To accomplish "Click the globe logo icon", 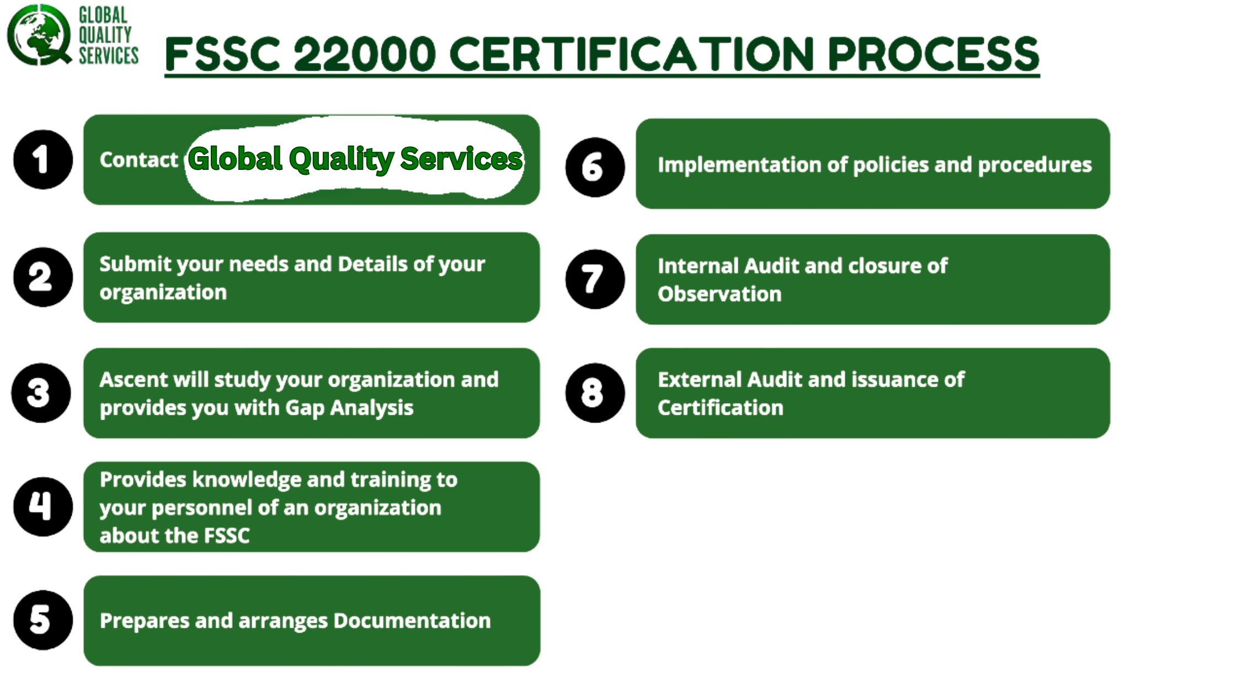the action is coord(39,34).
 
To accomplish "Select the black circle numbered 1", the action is coord(43,159).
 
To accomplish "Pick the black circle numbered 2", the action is coord(43,277).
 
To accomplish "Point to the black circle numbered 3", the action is coord(41,393).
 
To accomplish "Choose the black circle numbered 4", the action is coord(43,506).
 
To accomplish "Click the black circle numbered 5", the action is coord(43,620).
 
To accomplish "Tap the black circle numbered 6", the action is coord(595,167).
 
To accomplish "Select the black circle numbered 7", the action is coord(595,279).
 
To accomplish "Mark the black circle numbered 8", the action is coord(595,393).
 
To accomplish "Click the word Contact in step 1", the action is coord(139,160).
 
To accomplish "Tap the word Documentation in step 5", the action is coord(412,621).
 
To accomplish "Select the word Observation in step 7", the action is coord(720,294).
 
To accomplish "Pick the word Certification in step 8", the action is coord(721,408).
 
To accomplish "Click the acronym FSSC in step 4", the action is coord(227,536).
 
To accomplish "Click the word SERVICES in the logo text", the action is coord(109,56).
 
